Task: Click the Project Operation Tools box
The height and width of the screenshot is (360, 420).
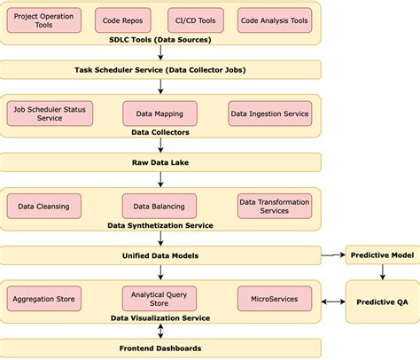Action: pyautogui.click(x=43, y=20)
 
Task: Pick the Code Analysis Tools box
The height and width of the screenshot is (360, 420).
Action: pyautogui.click(x=274, y=20)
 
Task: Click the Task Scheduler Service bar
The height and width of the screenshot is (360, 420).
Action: pyautogui.click(x=160, y=69)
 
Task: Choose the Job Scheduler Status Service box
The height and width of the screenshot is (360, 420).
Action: pyautogui.click(x=44, y=113)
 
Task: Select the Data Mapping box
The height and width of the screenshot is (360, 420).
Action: pyautogui.click(x=159, y=113)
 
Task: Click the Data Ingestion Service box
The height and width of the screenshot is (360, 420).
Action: pyautogui.click(x=269, y=113)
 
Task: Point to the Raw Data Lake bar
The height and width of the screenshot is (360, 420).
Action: pyautogui.click(x=160, y=162)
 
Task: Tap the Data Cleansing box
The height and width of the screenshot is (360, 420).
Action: pyautogui.click(x=43, y=207)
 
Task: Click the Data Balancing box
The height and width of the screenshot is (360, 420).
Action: pyautogui.click(x=159, y=207)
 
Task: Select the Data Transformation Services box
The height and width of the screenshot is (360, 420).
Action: pyautogui.click(x=275, y=207)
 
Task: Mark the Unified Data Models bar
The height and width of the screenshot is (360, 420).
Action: pyautogui.click(x=160, y=255)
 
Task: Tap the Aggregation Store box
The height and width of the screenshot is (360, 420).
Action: pyautogui.click(x=43, y=299)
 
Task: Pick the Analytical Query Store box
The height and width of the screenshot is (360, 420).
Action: pyautogui.click(x=159, y=299)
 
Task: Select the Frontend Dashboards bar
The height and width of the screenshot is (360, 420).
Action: pyautogui.click(x=160, y=348)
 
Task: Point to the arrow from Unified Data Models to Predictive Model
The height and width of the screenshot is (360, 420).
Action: pyautogui.click(x=332, y=255)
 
